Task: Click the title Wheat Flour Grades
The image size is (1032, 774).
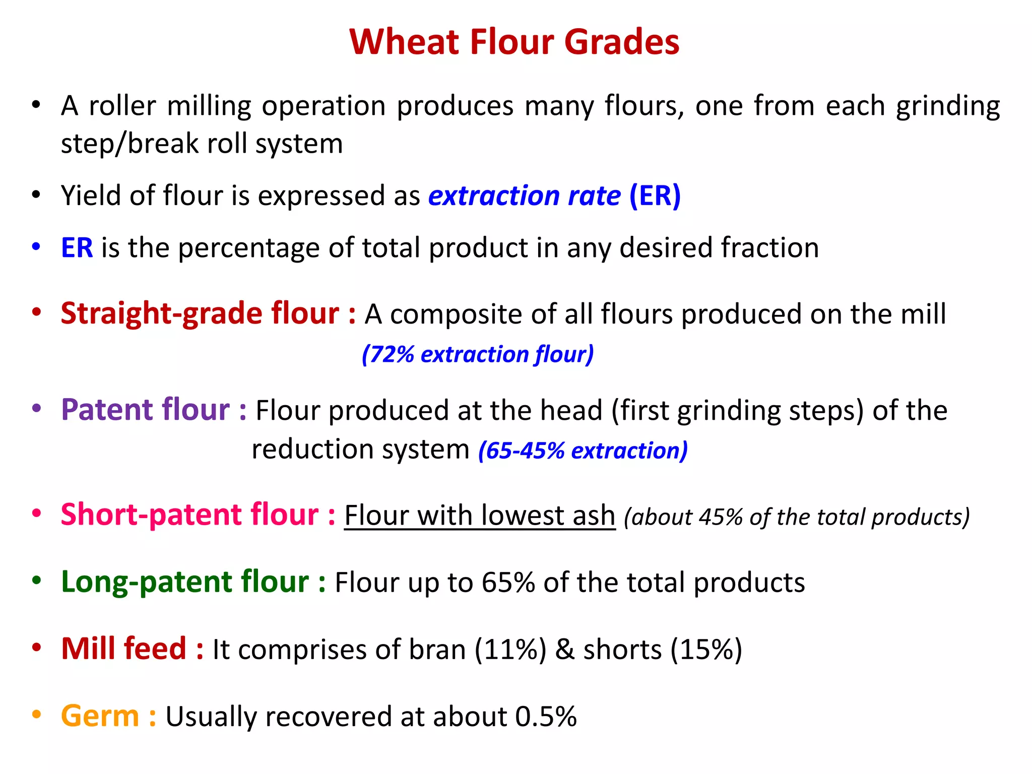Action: click(x=514, y=42)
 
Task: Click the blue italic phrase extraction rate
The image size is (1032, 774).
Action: click(x=524, y=196)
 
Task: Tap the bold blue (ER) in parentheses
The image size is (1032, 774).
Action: click(x=655, y=196)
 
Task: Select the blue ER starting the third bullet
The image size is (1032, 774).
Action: click(x=77, y=248)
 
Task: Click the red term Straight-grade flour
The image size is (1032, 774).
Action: click(x=200, y=314)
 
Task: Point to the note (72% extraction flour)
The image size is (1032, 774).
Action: click(x=478, y=354)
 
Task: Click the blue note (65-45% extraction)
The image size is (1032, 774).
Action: click(x=583, y=450)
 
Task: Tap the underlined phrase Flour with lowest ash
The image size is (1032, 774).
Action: click(x=480, y=516)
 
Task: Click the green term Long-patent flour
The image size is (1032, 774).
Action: click(x=185, y=582)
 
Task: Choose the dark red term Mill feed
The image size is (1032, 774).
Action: click(x=123, y=649)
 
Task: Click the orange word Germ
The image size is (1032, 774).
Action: click(x=100, y=716)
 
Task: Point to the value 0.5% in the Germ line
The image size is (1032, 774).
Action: click(x=546, y=717)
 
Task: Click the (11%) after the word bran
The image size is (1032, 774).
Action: click(x=510, y=650)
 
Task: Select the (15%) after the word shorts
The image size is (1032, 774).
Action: click(x=706, y=650)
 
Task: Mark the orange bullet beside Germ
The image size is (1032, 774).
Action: click(x=36, y=715)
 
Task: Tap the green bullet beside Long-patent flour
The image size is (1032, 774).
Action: click(x=36, y=580)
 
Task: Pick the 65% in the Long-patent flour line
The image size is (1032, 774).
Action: click(x=508, y=583)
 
